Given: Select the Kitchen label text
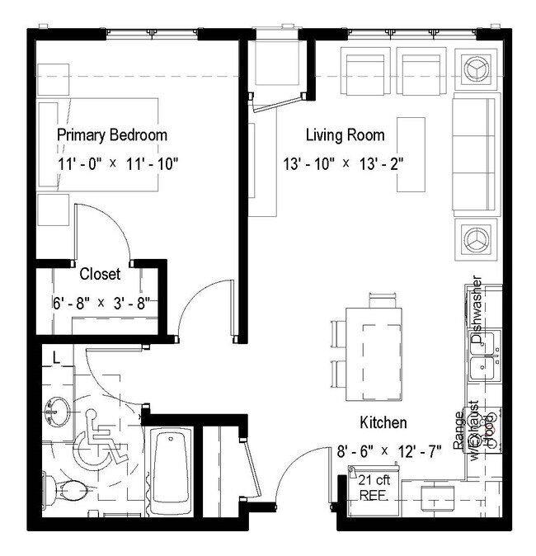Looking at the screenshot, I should click(x=383, y=423).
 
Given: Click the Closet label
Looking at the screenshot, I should click(x=100, y=274).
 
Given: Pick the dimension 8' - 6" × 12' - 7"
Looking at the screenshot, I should click(x=388, y=451).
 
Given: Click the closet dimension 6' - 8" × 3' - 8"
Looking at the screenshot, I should click(x=99, y=302).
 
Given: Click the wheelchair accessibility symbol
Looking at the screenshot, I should click(x=101, y=446).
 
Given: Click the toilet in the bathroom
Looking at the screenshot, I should click(x=66, y=488).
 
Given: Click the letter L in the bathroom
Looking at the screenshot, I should click(x=54, y=357).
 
